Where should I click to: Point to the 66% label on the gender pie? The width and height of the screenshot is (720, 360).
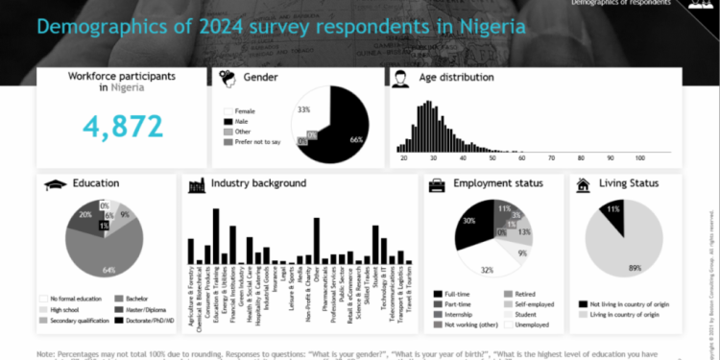click(355, 139)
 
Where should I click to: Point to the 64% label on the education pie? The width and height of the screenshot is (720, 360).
click(108, 269)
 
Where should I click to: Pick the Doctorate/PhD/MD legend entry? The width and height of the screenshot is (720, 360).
click(144, 321)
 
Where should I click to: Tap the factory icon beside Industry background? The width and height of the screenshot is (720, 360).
click(195, 184)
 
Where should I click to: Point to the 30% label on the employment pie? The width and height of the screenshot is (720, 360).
click(468, 221)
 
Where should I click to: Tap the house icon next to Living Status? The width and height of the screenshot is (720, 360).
click(582, 184)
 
